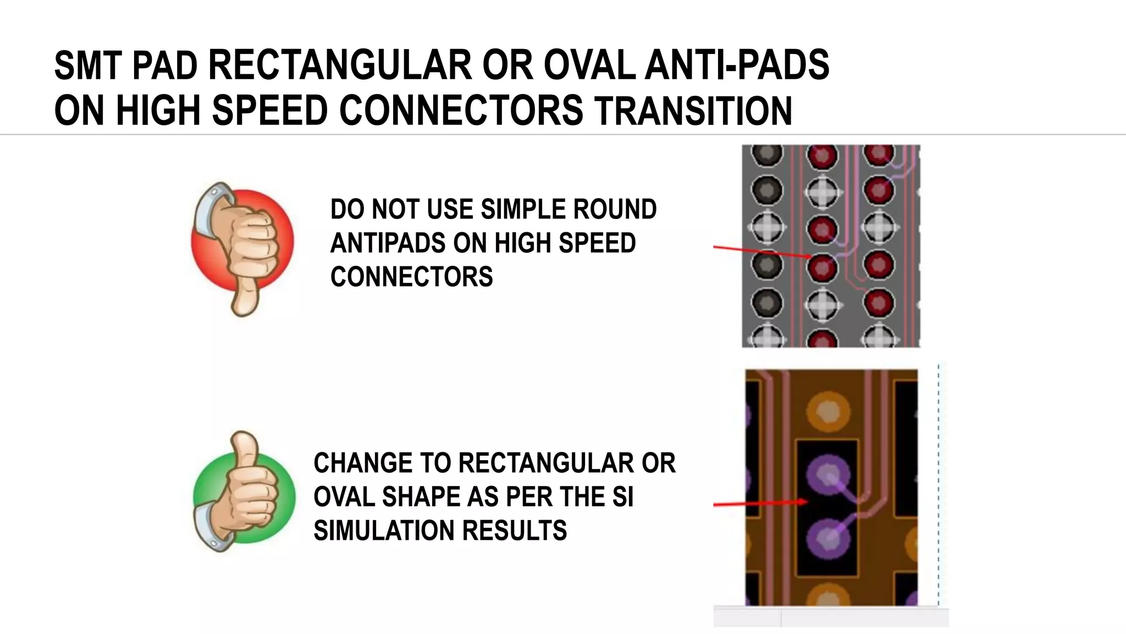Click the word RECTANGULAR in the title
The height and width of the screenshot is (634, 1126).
coord(340,65)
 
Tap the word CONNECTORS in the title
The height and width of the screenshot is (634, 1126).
coord(461,110)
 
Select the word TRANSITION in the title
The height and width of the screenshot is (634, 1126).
coord(693,110)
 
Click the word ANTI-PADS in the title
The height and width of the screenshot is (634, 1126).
coord(737,65)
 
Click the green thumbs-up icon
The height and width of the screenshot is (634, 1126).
coord(244,493)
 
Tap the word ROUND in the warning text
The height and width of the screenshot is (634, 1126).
coord(614,210)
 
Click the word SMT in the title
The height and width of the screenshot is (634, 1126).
coord(88,65)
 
